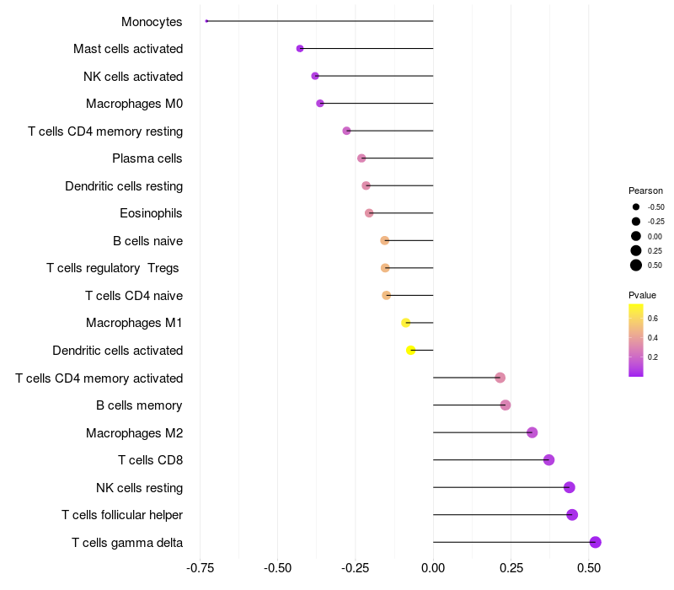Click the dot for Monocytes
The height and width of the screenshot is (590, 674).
coord(206,21)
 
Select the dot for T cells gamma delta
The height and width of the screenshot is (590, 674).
coord(596,542)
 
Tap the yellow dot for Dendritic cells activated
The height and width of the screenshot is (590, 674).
coord(411,350)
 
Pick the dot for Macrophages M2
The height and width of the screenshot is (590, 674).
coord(532,432)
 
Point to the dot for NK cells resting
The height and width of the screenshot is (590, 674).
coord(570,487)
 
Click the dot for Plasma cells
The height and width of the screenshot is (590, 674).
coord(361,158)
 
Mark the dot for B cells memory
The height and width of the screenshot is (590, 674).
coord(505,405)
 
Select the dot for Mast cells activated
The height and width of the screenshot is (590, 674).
coord(300,49)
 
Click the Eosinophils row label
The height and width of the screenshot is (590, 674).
coord(151,213)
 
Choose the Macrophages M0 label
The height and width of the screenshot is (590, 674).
coord(134,104)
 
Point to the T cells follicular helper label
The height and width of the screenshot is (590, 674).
coord(122,515)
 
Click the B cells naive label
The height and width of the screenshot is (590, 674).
coord(147,241)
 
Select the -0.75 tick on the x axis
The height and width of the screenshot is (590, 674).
coord(200,568)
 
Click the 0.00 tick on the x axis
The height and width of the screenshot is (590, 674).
coord(433,568)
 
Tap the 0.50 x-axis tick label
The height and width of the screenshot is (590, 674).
coord(589,568)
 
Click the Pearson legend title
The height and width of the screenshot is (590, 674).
coord(645,190)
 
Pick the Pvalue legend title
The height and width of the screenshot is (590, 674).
coord(642,295)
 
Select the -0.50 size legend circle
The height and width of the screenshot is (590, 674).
coord(636,206)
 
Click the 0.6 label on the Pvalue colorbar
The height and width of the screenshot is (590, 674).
coord(653,318)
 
